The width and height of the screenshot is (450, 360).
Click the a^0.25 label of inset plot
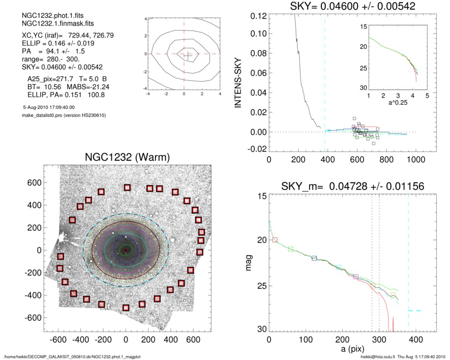pos(397,103)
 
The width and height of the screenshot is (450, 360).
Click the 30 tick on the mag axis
pos(262,330)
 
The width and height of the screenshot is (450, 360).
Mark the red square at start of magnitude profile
pos(275,239)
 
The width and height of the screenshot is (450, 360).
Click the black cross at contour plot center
pos(187,54)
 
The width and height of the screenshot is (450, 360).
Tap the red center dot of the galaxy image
pos(126,250)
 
